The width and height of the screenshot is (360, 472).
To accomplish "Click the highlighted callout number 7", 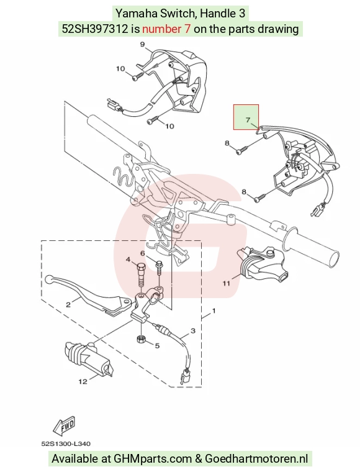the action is pyautogui.click(x=248, y=120).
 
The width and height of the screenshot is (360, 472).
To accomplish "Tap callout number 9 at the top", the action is pyautogui.click(x=143, y=45).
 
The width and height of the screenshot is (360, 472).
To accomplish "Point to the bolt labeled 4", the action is pyautogui.click(x=141, y=275).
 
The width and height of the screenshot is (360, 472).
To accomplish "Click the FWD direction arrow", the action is pyautogui.click(x=64, y=426).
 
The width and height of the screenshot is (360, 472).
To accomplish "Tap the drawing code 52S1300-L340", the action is pyautogui.click(x=66, y=443).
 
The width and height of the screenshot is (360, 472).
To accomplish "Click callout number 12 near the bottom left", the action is pyautogui.click(x=83, y=381).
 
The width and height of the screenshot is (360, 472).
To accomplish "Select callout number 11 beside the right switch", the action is pyautogui.click(x=226, y=283).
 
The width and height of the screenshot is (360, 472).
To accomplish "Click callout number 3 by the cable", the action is pyautogui.click(x=193, y=331).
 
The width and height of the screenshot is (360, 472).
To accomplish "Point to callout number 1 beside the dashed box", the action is pyautogui.click(x=214, y=311).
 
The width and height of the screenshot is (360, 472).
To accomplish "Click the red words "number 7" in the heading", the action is pyautogui.click(x=166, y=29).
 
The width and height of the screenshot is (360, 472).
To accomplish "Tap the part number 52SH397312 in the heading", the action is pyautogui.click(x=95, y=29).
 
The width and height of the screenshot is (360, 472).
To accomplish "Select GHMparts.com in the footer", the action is pyautogui.click(x=153, y=459).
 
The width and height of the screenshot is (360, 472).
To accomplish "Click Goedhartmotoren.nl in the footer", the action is pyautogui.click(x=256, y=459).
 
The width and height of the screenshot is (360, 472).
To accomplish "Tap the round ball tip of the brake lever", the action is pyautogui.click(x=48, y=279).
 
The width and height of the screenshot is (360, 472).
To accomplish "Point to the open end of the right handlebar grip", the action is pyautogui.click(x=335, y=258).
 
